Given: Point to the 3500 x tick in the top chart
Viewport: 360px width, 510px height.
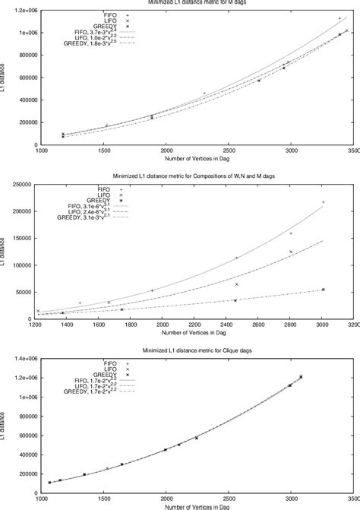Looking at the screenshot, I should [x=351, y=151].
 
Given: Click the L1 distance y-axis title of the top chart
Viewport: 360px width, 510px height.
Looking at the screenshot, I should [x=6, y=78].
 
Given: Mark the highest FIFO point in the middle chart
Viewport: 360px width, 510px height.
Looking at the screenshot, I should [x=323, y=202].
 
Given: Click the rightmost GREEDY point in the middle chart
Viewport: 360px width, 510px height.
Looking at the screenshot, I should [x=323, y=290].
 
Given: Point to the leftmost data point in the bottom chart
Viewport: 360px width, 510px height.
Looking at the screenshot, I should [x=50, y=483].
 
